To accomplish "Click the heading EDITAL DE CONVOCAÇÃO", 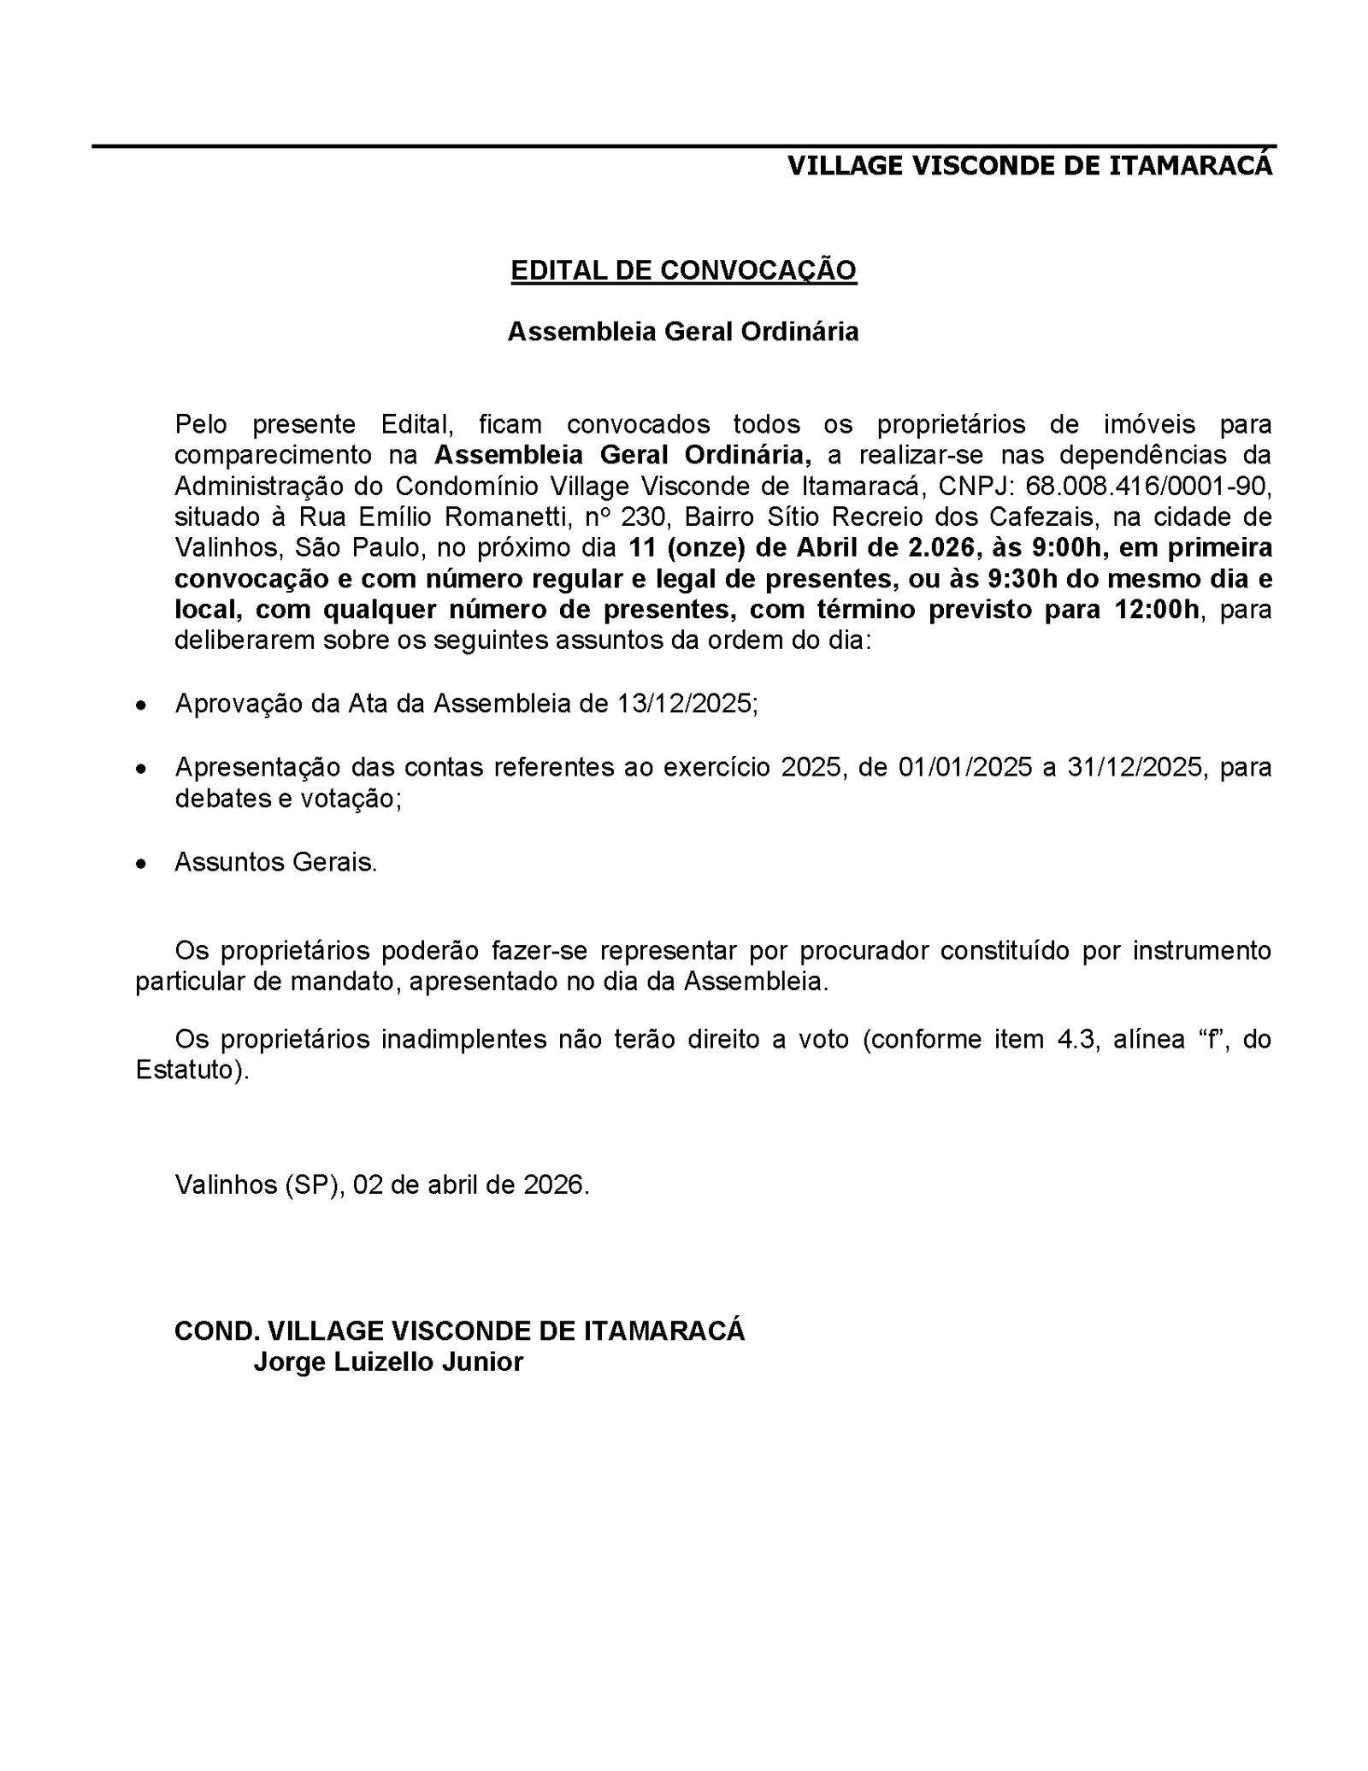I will pos(683,270).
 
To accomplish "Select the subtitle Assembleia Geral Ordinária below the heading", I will pos(683,332).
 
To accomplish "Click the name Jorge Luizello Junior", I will pos(388,1361).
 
